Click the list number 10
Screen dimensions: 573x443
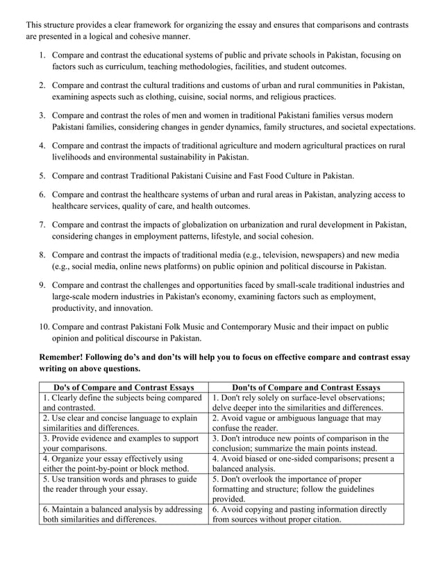coord(41,326)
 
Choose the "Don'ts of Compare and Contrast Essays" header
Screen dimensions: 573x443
coord(306,387)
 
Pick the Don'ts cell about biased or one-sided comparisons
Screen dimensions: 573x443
coord(306,464)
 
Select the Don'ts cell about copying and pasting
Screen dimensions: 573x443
coord(306,514)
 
